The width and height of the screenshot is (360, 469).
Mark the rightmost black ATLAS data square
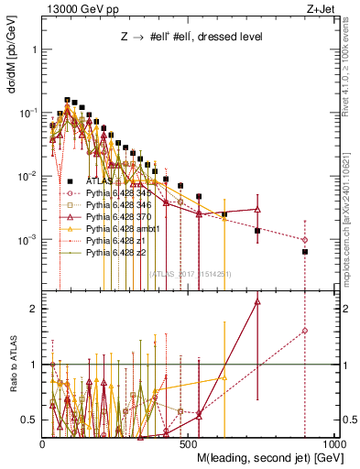tap(305, 251)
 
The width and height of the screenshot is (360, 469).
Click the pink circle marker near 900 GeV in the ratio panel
tap(305, 331)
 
